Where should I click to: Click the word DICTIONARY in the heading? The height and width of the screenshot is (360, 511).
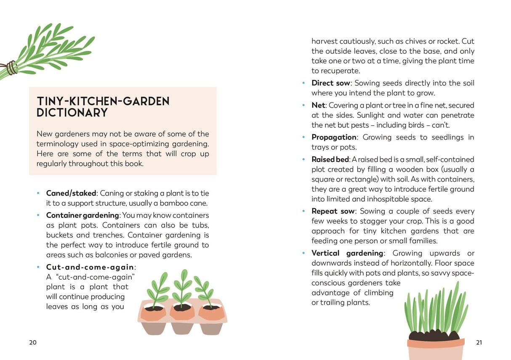(x=72, y=113)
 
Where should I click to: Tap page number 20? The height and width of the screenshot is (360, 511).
(x=33, y=342)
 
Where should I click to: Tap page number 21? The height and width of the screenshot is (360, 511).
(x=479, y=342)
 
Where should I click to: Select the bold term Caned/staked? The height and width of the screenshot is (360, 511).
(x=71, y=193)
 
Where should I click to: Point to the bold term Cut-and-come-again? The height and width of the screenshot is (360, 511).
(x=90, y=267)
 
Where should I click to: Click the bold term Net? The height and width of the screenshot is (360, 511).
(x=318, y=105)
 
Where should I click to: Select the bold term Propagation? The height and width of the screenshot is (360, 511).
(x=334, y=137)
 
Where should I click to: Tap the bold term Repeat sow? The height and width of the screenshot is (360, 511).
(x=333, y=211)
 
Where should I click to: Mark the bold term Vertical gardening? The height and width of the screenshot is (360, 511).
(x=347, y=253)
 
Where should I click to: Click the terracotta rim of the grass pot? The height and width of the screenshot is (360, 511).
(x=436, y=343)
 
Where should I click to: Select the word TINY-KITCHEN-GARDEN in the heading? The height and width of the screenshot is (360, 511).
(x=103, y=101)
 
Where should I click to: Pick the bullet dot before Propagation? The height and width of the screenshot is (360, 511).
(x=303, y=137)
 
